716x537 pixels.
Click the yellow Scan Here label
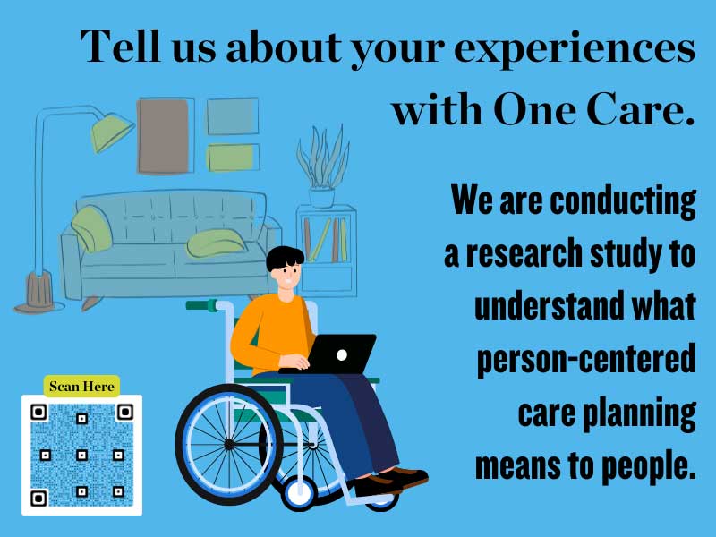[81, 386]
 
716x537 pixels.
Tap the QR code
[81, 456]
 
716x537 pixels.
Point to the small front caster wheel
[299, 491]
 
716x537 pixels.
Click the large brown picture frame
[165, 135]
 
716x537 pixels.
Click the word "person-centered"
[586, 360]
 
